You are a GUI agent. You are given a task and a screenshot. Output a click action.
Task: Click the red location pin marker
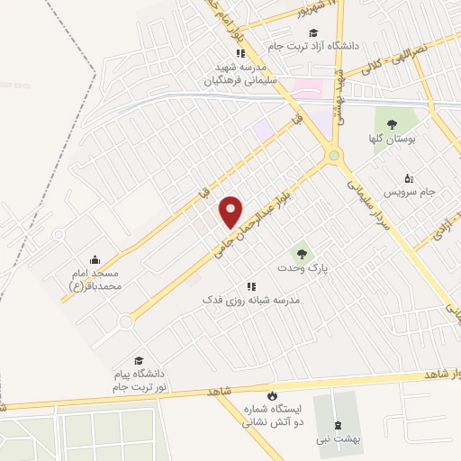(231, 212)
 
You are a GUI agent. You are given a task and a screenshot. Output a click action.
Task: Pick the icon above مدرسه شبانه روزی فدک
(251, 285)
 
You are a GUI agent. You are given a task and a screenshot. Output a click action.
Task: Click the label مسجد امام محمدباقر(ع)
(101, 277)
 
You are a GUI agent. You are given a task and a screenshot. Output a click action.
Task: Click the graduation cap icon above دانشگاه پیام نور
(137, 360)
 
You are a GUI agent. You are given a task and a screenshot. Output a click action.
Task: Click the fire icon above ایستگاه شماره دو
(271, 395)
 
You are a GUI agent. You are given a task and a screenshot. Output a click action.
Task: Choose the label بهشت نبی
(338, 438)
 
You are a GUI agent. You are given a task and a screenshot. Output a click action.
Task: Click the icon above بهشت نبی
(338, 425)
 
